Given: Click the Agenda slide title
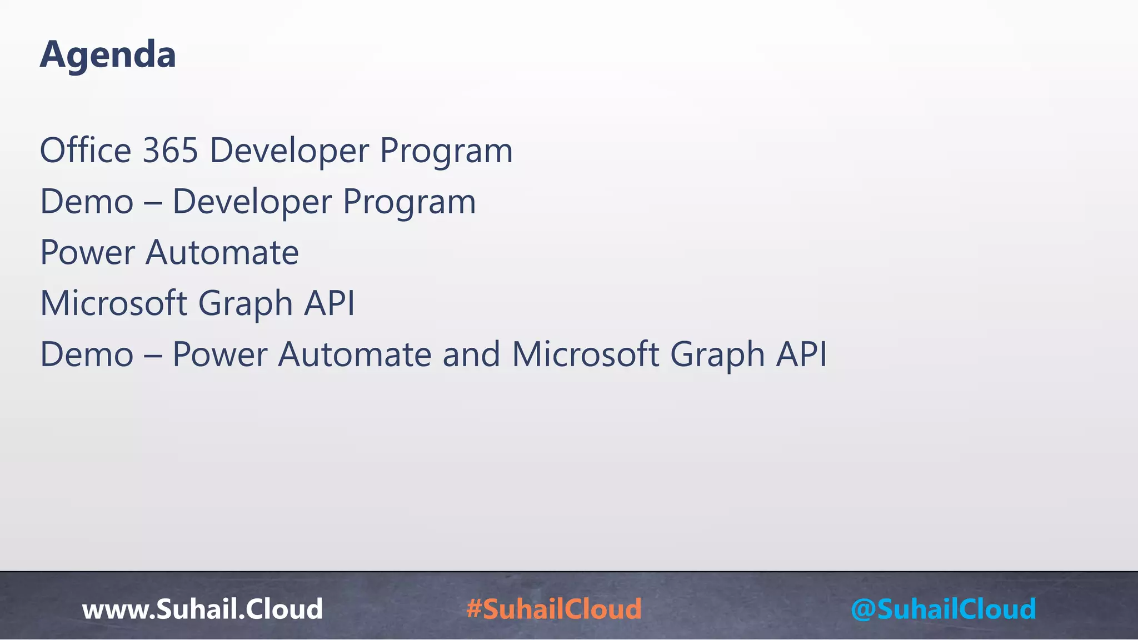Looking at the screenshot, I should [108, 55].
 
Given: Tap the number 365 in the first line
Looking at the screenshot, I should [171, 151].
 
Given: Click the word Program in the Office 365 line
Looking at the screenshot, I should [446, 152].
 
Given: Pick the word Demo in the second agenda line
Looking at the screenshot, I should [87, 202].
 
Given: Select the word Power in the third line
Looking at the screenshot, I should [87, 253].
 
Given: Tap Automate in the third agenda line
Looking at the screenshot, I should [222, 253].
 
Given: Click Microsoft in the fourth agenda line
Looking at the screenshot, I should [113, 304].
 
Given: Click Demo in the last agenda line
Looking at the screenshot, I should [87, 354].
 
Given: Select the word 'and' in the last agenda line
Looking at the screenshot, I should [471, 354].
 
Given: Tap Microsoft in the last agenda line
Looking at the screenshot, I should [585, 354].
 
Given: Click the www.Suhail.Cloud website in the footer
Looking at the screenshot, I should [202, 609].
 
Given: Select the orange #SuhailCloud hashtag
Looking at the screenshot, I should [554, 609].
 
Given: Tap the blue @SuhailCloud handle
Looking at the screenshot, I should [944, 609].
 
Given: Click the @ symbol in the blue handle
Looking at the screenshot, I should [863, 609].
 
